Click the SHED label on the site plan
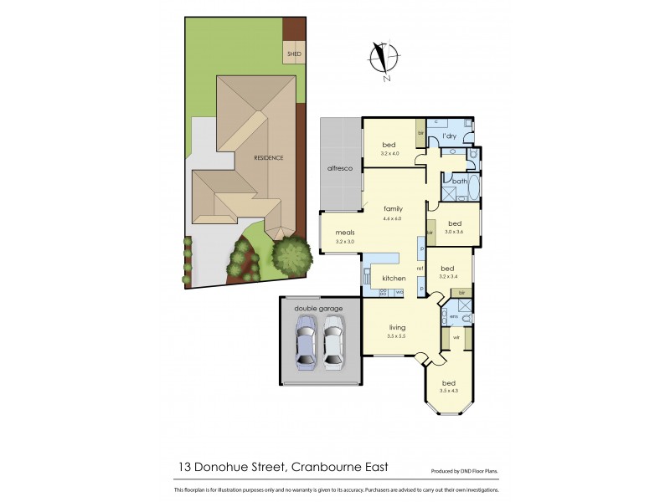[x=294, y=54]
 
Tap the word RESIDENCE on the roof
[x=270, y=157]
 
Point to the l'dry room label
[x=448, y=136]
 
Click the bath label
[x=460, y=182]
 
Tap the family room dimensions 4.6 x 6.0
[x=393, y=218]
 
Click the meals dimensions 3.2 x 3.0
[x=346, y=241]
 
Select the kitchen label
[x=394, y=278]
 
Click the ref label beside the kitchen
[x=420, y=268]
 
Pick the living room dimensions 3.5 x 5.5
[x=396, y=336]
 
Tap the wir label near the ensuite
[x=456, y=338]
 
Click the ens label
[x=453, y=316]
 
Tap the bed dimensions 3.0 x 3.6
[x=455, y=232]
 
